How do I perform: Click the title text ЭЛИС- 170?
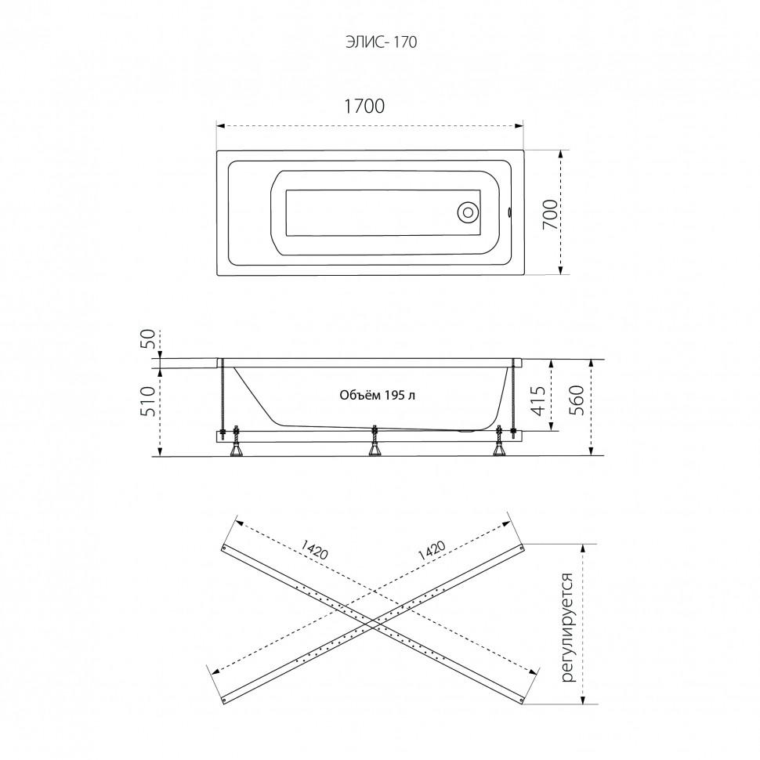coord(381,42)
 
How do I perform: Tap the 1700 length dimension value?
coord(364,106)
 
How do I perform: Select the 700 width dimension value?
coord(550,214)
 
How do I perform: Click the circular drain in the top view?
coord(469,212)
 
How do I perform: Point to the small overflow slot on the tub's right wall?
coord(509,212)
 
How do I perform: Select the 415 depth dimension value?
coord(540,400)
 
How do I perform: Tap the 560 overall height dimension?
coord(577,400)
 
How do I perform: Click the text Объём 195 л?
coord(377,396)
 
